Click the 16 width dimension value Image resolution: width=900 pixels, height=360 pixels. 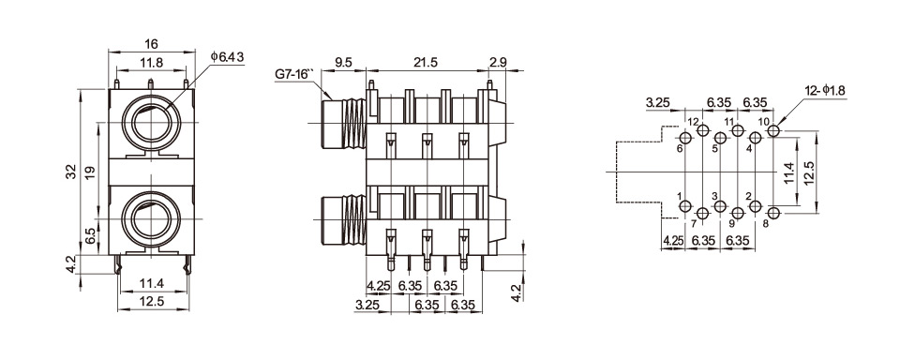click(151, 44)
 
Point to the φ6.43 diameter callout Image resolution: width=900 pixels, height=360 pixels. click(227, 57)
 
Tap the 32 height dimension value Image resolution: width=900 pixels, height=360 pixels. click(70, 172)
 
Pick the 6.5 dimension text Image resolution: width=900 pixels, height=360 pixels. click(91, 235)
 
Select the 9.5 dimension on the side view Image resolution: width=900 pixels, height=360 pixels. click(343, 63)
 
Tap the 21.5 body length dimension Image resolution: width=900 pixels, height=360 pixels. click(426, 63)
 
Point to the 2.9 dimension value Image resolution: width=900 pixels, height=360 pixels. click(497, 63)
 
